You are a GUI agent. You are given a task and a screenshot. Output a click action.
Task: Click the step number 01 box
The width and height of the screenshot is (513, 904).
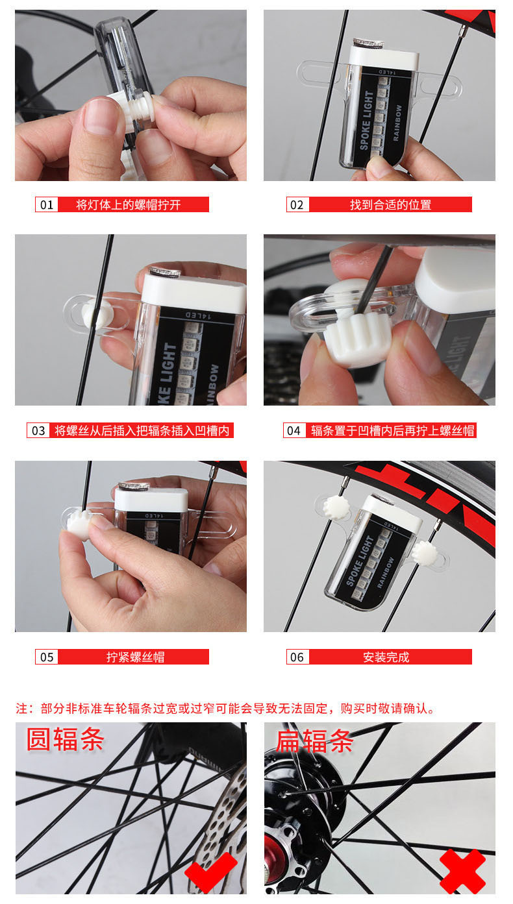click(x=47, y=204)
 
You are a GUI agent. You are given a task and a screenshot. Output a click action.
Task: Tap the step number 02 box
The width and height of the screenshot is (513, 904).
click(x=297, y=204)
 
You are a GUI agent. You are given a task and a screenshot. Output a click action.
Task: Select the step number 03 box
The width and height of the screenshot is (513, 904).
click(x=38, y=431)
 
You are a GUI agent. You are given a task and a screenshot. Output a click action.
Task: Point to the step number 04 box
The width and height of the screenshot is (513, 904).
click(x=294, y=431)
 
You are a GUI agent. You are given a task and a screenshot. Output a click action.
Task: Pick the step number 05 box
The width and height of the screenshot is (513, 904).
click(x=47, y=657)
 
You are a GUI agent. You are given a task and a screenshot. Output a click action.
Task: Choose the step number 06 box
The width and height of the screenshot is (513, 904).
click(x=297, y=657)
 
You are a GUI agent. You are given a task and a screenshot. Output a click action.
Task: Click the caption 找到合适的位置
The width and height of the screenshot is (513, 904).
click(x=391, y=204)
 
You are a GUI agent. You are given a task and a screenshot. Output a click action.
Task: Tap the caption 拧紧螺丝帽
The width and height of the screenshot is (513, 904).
click(x=135, y=657)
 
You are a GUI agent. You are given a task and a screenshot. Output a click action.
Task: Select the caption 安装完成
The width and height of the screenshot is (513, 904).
click(x=386, y=657)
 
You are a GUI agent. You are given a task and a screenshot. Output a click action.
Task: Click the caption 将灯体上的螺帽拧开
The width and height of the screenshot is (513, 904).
click(x=129, y=204)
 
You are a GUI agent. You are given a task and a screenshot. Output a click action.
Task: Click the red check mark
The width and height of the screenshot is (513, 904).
click(x=211, y=872)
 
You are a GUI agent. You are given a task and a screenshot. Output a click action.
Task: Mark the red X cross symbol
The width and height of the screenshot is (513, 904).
click(x=463, y=872)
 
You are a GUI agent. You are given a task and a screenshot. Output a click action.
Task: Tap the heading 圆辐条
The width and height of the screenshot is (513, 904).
click(x=65, y=739)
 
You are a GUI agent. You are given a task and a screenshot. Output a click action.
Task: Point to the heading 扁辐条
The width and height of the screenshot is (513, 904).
click(x=315, y=741)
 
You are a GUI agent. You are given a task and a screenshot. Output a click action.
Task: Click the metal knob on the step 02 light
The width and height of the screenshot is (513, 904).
click(x=368, y=43)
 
